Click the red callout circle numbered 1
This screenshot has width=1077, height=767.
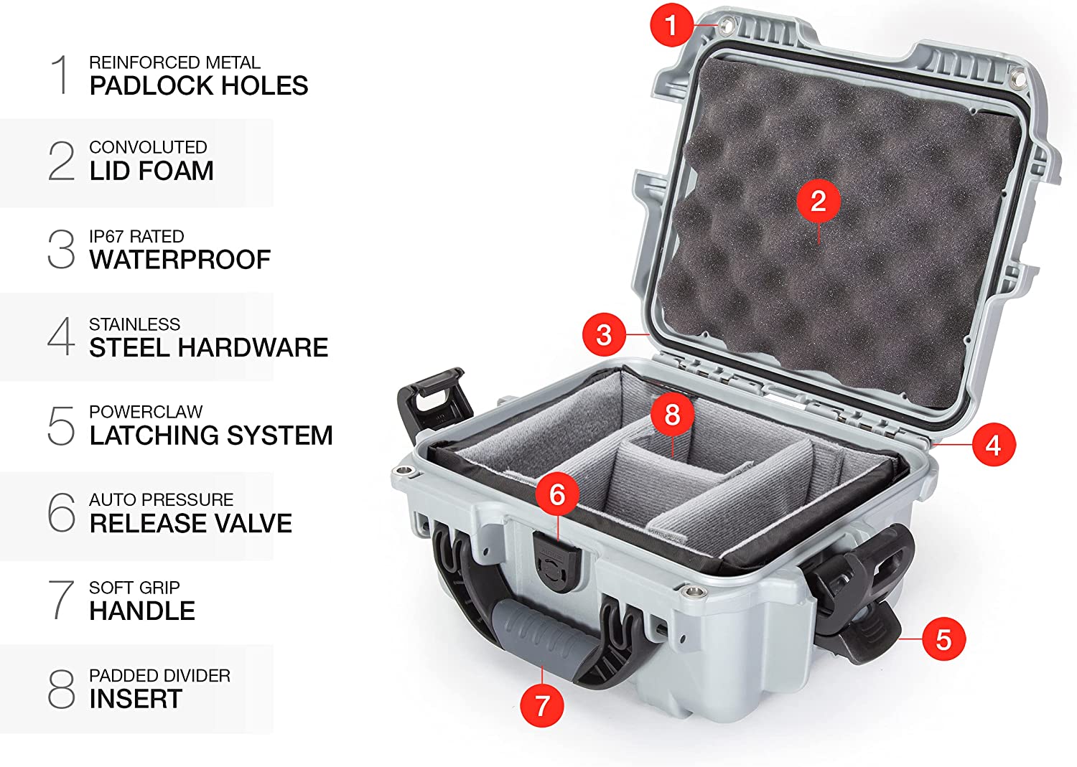click(x=671, y=25)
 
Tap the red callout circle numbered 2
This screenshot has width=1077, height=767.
click(x=819, y=201)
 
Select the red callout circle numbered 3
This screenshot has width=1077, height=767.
click(x=604, y=334)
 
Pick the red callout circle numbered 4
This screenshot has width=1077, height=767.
click(x=994, y=445)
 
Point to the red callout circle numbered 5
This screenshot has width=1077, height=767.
click(x=944, y=639)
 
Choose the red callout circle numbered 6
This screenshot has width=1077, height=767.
click(x=557, y=494)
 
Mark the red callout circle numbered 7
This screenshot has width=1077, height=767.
click(x=542, y=705)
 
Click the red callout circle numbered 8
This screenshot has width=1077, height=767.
click(x=672, y=414)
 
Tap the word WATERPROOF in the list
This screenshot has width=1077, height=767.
click(x=180, y=260)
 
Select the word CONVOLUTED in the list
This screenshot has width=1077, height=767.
click(x=148, y=147)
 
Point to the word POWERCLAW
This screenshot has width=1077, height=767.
click(x=146, y=412)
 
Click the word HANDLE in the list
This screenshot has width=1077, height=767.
click(x=142, y=611)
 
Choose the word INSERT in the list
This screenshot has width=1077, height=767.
click(x=136, y=699)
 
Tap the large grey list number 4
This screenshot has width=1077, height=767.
click(x=61, y=337)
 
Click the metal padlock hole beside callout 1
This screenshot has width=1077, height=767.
click(x=727, y=24)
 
